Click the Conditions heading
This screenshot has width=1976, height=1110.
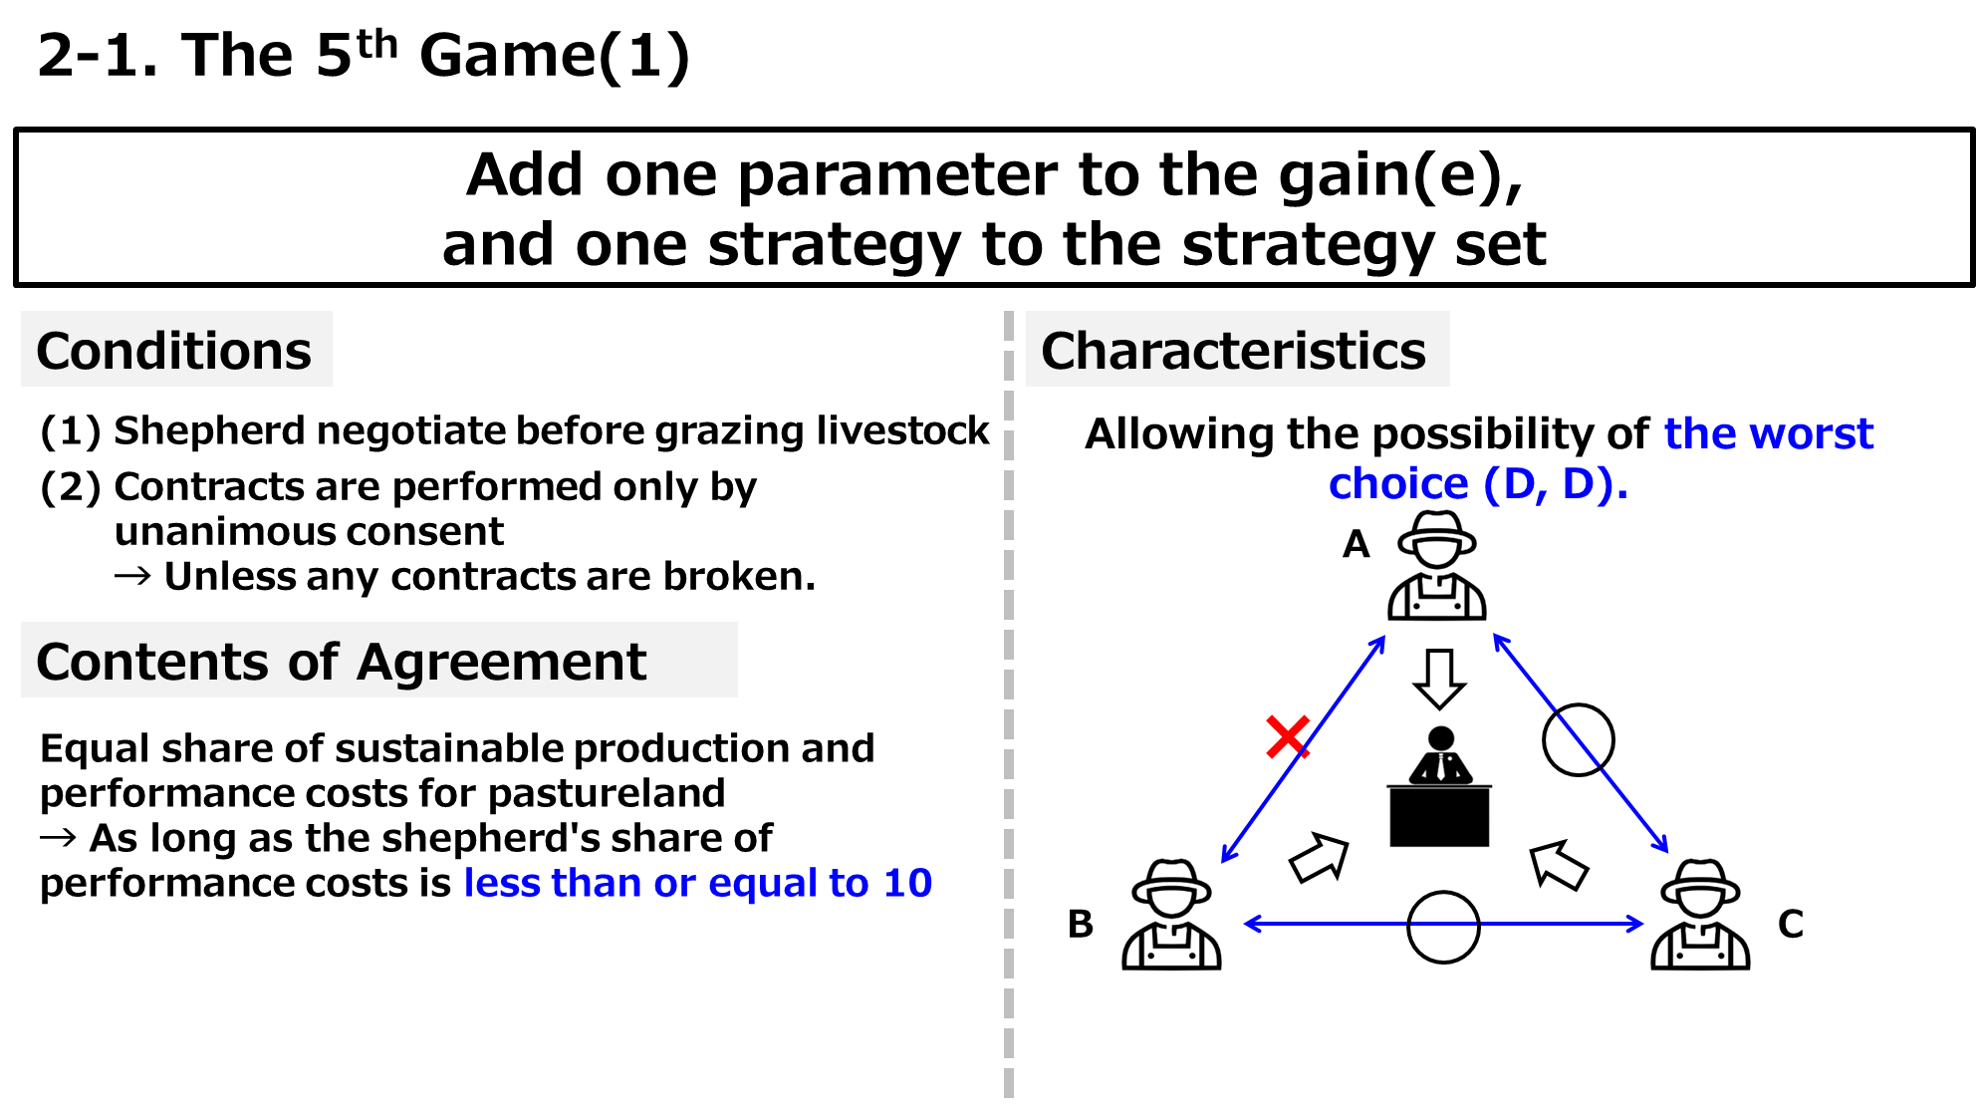pos(174,351)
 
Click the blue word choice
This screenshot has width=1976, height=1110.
pos(1398,485)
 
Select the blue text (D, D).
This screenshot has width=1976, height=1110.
pos(1554,485)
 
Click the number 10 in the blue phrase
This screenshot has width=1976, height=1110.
pos(907,883)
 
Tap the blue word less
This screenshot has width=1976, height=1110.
pos(501,883)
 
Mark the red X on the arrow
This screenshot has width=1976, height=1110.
pos(1287,736)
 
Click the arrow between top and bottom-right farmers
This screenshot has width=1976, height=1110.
pos(1582,744)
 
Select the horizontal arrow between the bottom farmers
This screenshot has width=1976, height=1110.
pos(1444,925)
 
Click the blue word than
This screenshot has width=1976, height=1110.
pos(596,883)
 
